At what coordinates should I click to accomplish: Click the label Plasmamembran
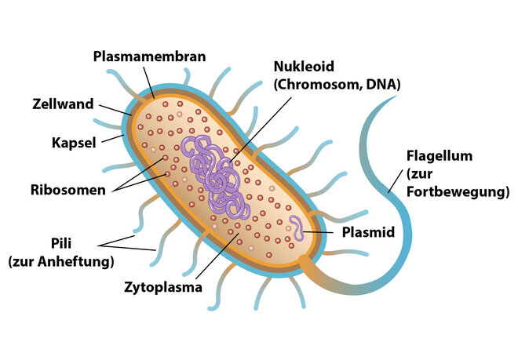(149, 56)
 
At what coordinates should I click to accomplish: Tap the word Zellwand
(64, 103)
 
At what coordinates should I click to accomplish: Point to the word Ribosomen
(67, 190)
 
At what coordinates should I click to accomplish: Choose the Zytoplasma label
(163, 287)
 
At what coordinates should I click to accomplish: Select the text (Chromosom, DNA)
(337, 84)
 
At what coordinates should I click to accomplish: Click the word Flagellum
(440, 155)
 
